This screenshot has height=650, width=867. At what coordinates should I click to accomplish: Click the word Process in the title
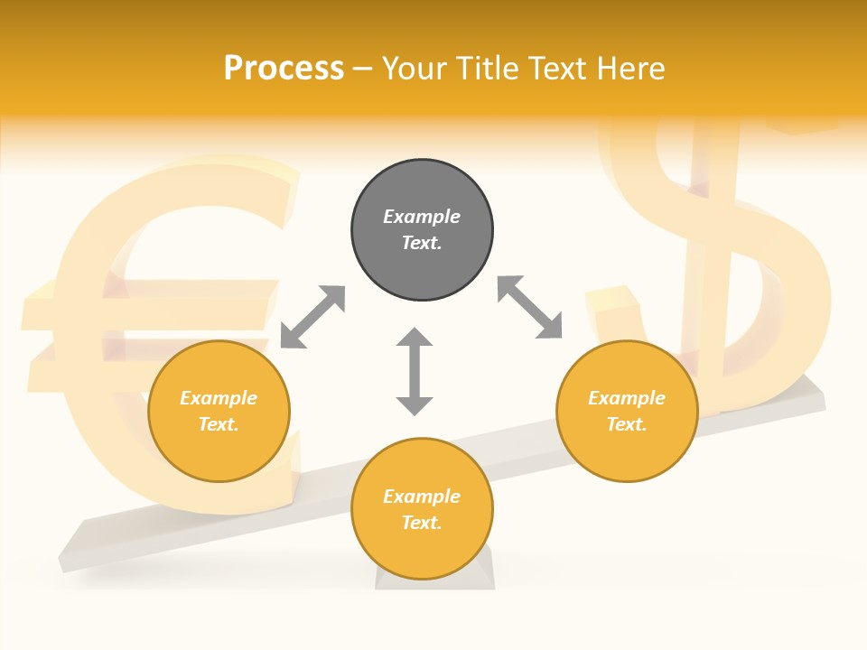pyautogui.click(x=284, y=69)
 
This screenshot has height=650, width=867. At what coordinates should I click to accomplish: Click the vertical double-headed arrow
pyautogui.click(x=415, y=371)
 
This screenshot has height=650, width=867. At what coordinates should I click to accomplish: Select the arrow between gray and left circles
pyautogui.click(x=312, y=317)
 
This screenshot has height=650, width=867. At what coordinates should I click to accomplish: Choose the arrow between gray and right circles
pyautogui.click(x=529, y=307)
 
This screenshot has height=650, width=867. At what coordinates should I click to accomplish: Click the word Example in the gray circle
pyautogui.click(x=422, y=217)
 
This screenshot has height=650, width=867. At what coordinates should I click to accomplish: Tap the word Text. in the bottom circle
pyautogui.click(x=422, y=523)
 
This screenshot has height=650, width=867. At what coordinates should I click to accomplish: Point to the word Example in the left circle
pyautogui.click(x=219, y=398)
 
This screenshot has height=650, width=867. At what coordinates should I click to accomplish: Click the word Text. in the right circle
pyautogui.click(x=627, y=424)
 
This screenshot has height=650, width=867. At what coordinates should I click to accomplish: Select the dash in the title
pyautogui.click(x=363, y=69)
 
